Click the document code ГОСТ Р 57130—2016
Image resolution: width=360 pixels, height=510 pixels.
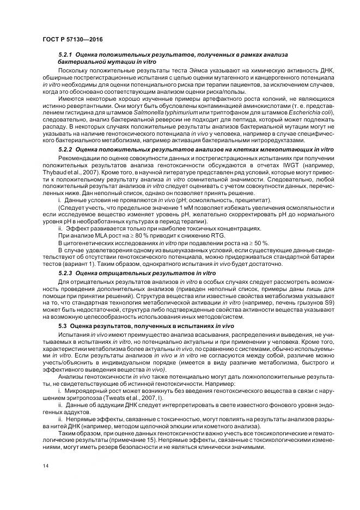(72, 40)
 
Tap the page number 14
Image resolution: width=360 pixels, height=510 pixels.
(45, 466)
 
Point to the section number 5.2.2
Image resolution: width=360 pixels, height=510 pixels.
(65, 149)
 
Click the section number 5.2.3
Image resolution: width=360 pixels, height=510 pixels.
(65, 271)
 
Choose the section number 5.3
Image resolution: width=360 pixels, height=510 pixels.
(62, 326)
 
